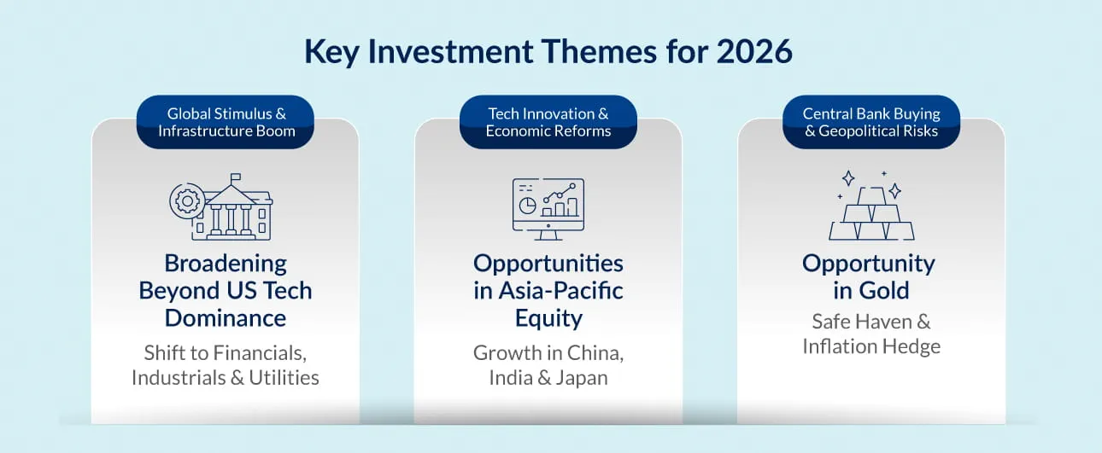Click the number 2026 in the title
pyautogui.click(x=754, y=51)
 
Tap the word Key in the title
pyautogui.click(x=331, y=52)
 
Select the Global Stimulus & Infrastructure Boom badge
pyautogui.click(x=226, y=122)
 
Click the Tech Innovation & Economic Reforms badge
pyautogui.click(x=548, y=122)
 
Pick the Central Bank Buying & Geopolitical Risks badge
pyautogui.click(x=871, y=122)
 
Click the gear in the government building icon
pyautogui.click(x=187, y=200)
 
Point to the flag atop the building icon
pyautogui.click(x=236, y=177)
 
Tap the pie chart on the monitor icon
pyautogui.click(x=527, y=206)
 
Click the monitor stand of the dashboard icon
pyautogui.click(x=548, y=235)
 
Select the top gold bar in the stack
pyautogui.click(x=871, y=196)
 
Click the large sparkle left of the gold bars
pyautogui.click(x=848, y=178)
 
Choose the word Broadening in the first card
pyautogui.click(x=226, y=264)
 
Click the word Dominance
pyautogui.click(x=226, y=318)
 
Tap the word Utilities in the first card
pyautogui.click(x=284, y=377)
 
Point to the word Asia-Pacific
pyautogui.click(x=561, y=290)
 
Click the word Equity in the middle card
pyautogui.click(x=548, y=319)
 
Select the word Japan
pyautogui.click(x=582, y=378)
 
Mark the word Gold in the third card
pyautogui.click(x=884, y=290)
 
